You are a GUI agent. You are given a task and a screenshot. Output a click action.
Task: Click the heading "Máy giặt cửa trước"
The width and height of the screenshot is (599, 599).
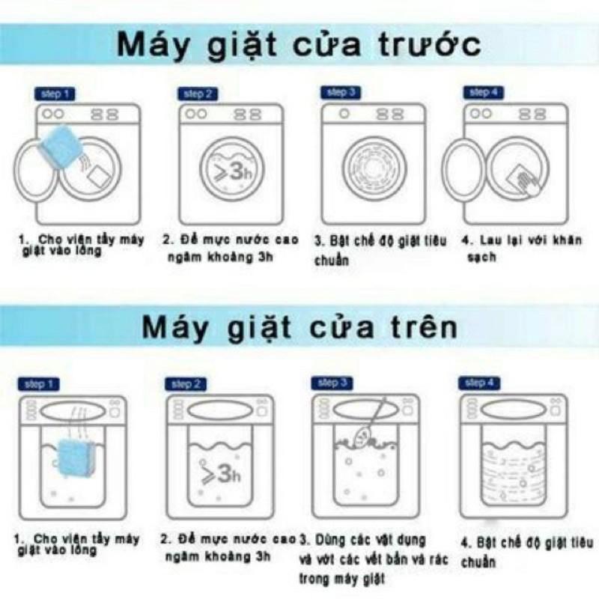pyautogui.click(x=299, y=46)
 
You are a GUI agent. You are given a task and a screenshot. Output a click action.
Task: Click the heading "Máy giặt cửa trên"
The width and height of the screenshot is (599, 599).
pyautogui.click(x=299, y=329)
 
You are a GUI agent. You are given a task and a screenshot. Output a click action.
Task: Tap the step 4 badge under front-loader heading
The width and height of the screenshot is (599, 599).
pyautogui.click(x=480, y=93)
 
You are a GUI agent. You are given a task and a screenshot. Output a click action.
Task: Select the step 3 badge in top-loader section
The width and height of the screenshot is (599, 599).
pyautogui.click(x=332, y=383)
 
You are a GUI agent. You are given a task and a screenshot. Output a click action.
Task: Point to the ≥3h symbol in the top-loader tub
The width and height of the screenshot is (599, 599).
pyautogui.click(x=218, y=473)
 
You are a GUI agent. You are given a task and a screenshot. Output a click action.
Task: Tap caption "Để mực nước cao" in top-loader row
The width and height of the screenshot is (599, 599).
pyautogui.click(x=229, y=547)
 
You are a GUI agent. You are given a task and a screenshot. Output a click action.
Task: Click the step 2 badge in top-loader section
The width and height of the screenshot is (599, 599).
pyautogui.click(x=186, y=385)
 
